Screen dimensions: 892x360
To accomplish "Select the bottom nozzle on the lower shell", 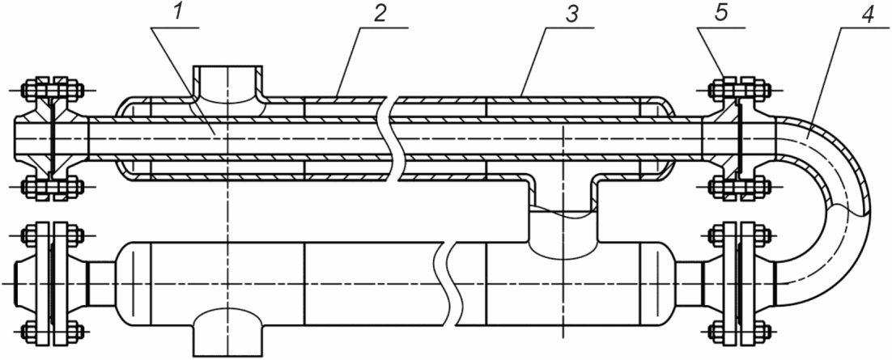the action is coord(228,332).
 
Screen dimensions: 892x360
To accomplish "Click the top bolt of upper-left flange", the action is coord(52,91).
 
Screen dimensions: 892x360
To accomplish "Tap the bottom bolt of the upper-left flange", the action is coord(52,186).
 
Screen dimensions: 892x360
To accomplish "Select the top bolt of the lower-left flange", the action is coord(52,234).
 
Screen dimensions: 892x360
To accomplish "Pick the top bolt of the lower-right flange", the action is coord(740,234).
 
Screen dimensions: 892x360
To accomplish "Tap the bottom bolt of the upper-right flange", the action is coord(740,186).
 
